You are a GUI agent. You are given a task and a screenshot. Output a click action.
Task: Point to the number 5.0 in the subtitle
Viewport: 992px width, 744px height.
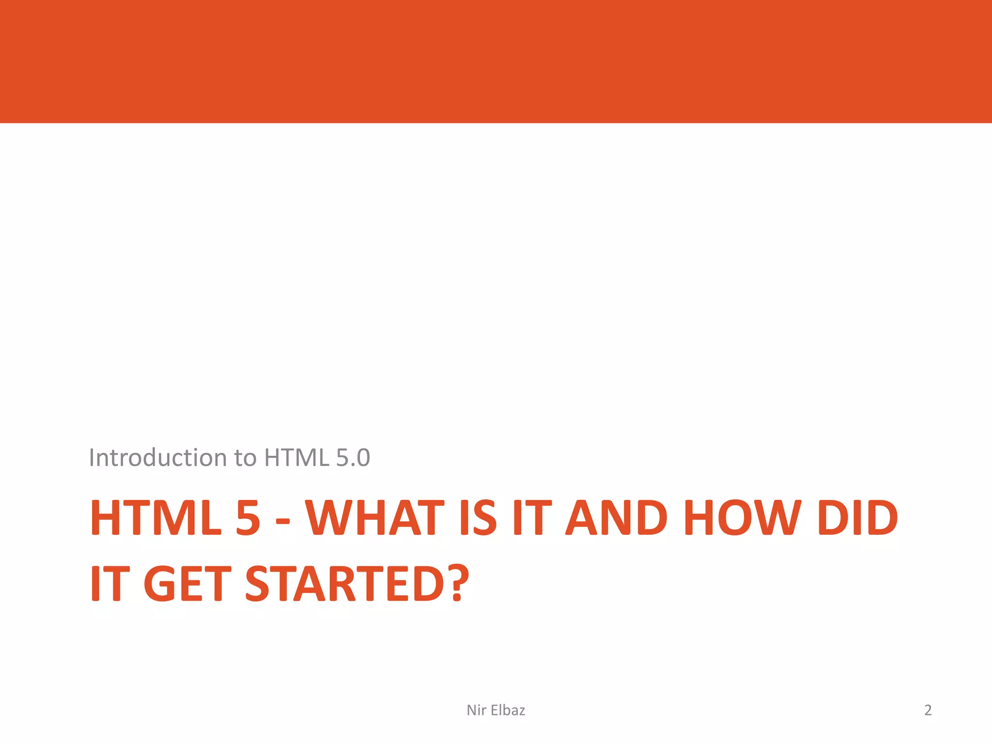(x=353, y=458)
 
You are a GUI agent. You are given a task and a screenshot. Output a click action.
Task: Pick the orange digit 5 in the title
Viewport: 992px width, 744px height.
(x=248, y=518)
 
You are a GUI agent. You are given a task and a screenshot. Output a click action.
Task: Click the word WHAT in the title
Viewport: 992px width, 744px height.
(x=374, y=518)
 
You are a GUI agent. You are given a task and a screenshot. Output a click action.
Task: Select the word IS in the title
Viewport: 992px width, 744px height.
(x=478, y=518)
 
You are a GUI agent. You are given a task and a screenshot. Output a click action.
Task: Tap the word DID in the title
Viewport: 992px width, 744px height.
(x=857, y=518)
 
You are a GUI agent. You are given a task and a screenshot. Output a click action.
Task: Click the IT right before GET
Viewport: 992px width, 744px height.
(x=110, y=584)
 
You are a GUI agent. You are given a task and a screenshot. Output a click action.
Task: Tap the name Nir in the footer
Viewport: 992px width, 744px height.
(x=476, y=710)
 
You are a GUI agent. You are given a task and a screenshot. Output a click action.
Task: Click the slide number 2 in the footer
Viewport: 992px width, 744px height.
(x=928, y=710)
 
